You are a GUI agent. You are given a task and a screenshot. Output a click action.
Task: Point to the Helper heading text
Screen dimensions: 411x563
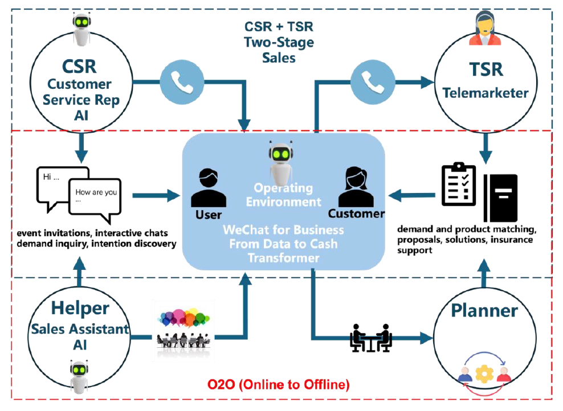(80, 308)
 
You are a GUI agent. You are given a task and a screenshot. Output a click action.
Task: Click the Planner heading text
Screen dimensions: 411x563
(484, 311)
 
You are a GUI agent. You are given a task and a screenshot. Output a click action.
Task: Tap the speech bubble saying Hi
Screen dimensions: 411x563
(57, 182)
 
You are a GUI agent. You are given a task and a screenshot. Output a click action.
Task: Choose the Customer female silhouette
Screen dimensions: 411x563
(356, 188)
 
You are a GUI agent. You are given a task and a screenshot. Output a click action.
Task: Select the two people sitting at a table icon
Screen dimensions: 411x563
(370, 338)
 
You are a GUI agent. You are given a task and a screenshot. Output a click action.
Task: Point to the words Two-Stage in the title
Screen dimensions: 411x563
(279, 42)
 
